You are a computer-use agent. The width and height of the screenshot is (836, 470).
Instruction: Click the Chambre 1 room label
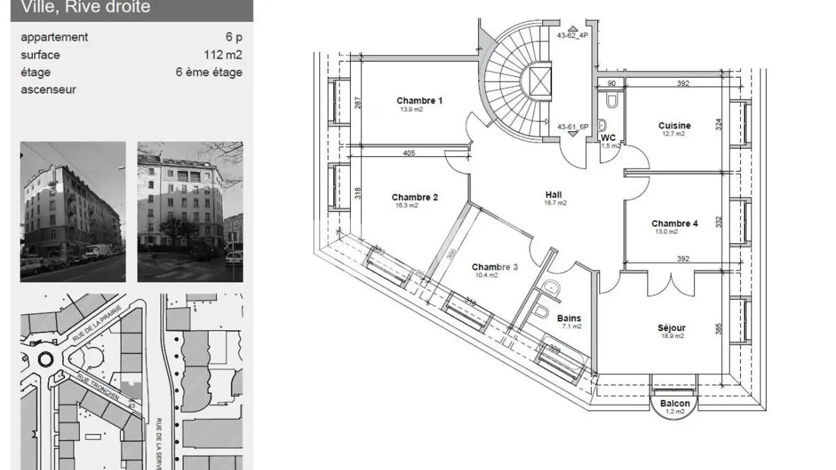click(x=419, y=101)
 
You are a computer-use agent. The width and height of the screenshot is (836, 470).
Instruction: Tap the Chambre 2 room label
click(x=415, y=197)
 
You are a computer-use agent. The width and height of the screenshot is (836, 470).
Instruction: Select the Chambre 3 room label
click(x=495, y=267)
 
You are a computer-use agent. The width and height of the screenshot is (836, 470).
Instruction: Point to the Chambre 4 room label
click(x=675, y=223)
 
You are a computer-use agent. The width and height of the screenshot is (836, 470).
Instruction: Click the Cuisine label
click(x=674, y=125)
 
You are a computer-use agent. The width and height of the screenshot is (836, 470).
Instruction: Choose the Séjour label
click(x=672, y=328)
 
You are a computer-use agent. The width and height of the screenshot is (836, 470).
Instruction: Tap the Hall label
click(x=553, y=195)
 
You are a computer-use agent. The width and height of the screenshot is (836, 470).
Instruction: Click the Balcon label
click(x=675, y=403)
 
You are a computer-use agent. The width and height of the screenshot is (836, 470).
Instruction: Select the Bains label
click(x=568, y=318)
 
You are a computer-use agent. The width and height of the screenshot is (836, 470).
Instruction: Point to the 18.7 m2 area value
click(x=555, y=203)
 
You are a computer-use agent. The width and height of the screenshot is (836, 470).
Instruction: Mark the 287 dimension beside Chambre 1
click(x=359, y=103)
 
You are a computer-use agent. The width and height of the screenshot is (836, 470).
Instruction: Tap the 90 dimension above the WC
click(x=611, y=83)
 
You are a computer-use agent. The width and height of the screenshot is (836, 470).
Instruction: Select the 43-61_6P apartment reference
click(x=572, y=126)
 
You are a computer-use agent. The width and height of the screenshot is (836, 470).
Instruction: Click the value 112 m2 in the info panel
click(x=222, y=55)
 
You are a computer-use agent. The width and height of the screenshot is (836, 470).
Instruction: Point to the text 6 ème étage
click(x=209, y=72)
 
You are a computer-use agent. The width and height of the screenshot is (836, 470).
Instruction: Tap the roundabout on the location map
click(x=45, y=359)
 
